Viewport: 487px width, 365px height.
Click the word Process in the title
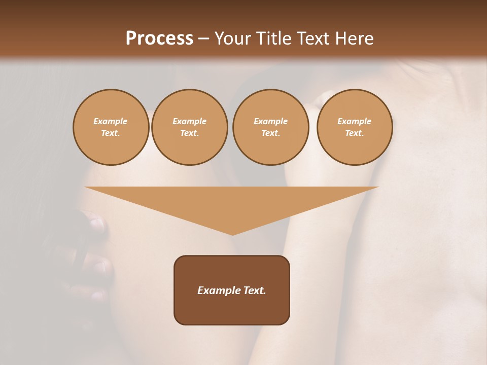click(159, 39)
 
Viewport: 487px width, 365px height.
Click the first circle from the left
click(111, 127)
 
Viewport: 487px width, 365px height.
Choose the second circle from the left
click(190, 127)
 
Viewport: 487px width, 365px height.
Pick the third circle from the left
click(271, 127)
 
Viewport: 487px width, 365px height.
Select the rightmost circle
click(355, 127)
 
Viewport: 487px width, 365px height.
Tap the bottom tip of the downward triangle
click(232, 234)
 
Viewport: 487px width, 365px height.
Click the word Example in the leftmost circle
click(111, 121)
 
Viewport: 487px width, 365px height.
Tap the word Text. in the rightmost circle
click(355, 133)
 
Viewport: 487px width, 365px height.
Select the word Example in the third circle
click(271, 121)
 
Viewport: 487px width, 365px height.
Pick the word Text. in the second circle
click(190, 133)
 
